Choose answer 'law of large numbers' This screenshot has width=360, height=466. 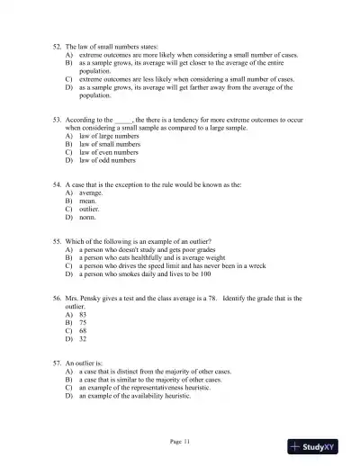point(102,136)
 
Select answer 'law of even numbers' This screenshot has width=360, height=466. point(102,152)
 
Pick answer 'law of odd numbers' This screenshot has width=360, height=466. point(100,160)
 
